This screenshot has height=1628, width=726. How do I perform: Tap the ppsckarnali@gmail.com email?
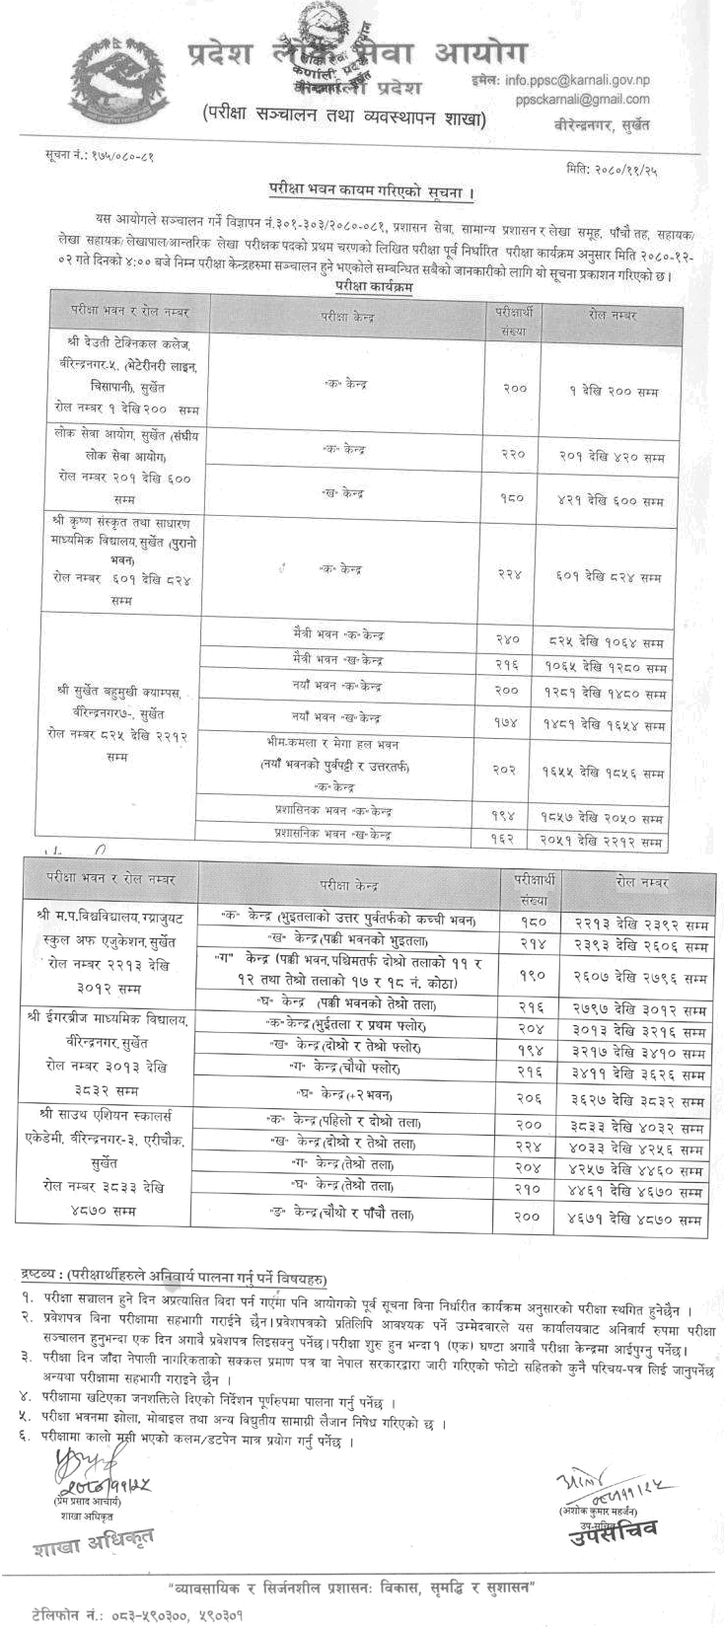click(588, 99)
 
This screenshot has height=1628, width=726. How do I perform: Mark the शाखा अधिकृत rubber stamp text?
click(93, 1540)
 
